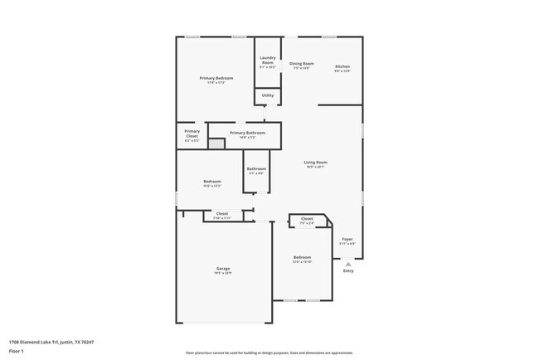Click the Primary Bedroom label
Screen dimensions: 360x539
[216, 78]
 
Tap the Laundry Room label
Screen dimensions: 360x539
[267, 60]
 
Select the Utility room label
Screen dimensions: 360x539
[267, 95]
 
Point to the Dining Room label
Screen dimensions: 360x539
[301, 64]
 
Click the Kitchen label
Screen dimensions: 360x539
[342, 66]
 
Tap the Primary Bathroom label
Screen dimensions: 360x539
[247, 133]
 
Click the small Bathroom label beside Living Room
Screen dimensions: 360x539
[256, 169]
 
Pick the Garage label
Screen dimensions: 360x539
[223, 269]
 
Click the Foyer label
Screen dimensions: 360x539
[347, 239]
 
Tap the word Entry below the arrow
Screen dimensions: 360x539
[348, 270]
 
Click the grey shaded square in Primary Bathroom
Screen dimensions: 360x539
[216, 144]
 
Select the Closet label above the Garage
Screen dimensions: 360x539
[222, 214]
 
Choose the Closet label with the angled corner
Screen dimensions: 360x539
[307, 220]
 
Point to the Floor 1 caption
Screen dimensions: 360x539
[17, 351]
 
